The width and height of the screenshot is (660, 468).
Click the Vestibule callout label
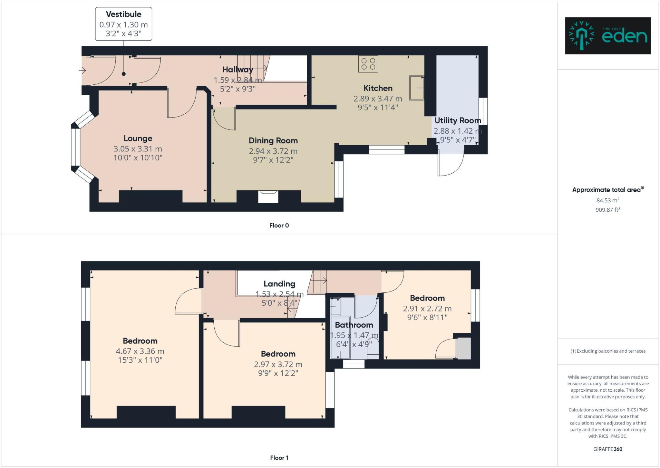click(x=123, y=14)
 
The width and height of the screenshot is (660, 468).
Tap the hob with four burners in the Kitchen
click(x=368, y=64)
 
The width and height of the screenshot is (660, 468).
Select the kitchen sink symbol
click(x=416, y=88)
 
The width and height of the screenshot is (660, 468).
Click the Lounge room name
click(x=138, y=138)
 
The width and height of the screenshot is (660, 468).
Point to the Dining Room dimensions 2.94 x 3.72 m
click(x=273, y=151)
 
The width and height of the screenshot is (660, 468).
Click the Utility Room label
click(x=458, y=121)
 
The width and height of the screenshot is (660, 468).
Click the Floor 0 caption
click(x=279, y=225)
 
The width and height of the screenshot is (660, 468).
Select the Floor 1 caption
click(x=279, y=458)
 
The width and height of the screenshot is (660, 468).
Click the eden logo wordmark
click(x=624, y=36)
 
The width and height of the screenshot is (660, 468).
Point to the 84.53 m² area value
click(x=608, y=200)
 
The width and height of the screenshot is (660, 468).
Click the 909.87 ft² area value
click(x=608, y=210)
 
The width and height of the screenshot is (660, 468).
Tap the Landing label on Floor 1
click(x=279, y=284)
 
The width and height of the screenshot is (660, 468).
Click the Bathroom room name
click(x=354, y=325)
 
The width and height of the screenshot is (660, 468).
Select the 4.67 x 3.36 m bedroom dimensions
click(x=140, y=351)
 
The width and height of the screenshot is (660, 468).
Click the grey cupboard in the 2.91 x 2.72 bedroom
click(x=463, y=349)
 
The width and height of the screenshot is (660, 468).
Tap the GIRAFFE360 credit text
click(x=608, y=449)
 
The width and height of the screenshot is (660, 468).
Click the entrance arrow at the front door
click(x=82, y=70)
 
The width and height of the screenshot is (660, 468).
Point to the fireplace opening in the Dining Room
click(x=268, y=197)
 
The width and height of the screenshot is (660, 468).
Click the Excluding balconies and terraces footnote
click(x=608, y=351)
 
